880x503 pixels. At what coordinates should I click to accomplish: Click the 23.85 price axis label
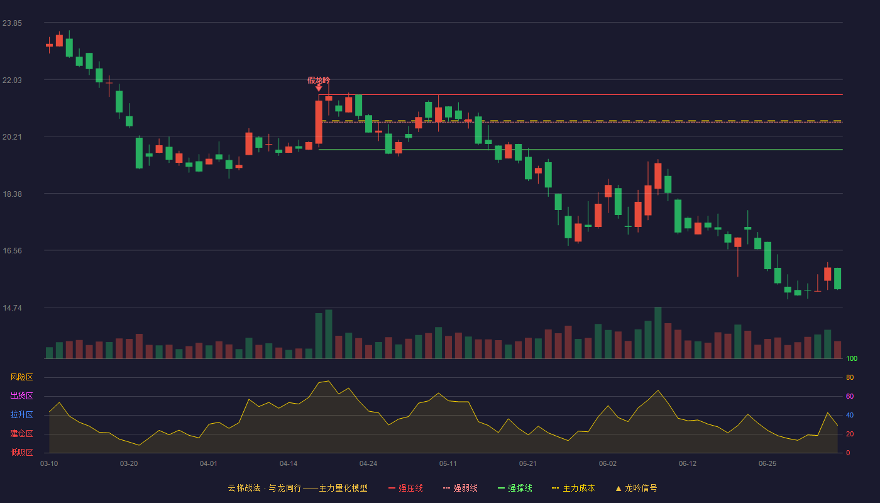click(12, 23)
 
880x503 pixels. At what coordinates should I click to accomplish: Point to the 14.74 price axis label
click(12, 308)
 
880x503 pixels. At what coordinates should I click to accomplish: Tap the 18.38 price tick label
click(12, 194)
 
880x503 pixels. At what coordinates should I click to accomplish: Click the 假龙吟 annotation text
click(319, 80)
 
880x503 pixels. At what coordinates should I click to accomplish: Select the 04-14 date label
click(289, 464)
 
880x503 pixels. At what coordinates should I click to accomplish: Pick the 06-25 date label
click(767, 464)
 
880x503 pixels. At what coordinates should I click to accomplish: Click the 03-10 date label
click(49, 464)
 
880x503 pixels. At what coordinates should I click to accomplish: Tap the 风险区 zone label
click(21, 377)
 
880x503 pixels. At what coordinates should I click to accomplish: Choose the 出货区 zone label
click(21, 395)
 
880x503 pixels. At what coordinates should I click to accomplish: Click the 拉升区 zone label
click(21, 414)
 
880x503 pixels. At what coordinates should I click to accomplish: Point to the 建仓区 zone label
click(21, 433)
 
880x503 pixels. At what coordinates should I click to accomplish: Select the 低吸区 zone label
click(21, 452)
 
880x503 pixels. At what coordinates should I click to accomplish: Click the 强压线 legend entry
click(405, 488)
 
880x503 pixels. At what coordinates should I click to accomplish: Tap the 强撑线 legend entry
click(515, 488)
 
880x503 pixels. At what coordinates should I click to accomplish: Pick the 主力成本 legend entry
click(573, 488)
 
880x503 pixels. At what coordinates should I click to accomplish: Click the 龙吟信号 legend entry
click(636, 488)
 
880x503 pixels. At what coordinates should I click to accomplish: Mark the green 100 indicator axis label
click(852, 358)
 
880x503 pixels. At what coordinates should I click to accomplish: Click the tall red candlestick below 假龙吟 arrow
click(319, 122)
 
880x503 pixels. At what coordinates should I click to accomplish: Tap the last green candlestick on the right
click(837, 279)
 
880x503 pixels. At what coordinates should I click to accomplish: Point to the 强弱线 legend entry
click(460, 488)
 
